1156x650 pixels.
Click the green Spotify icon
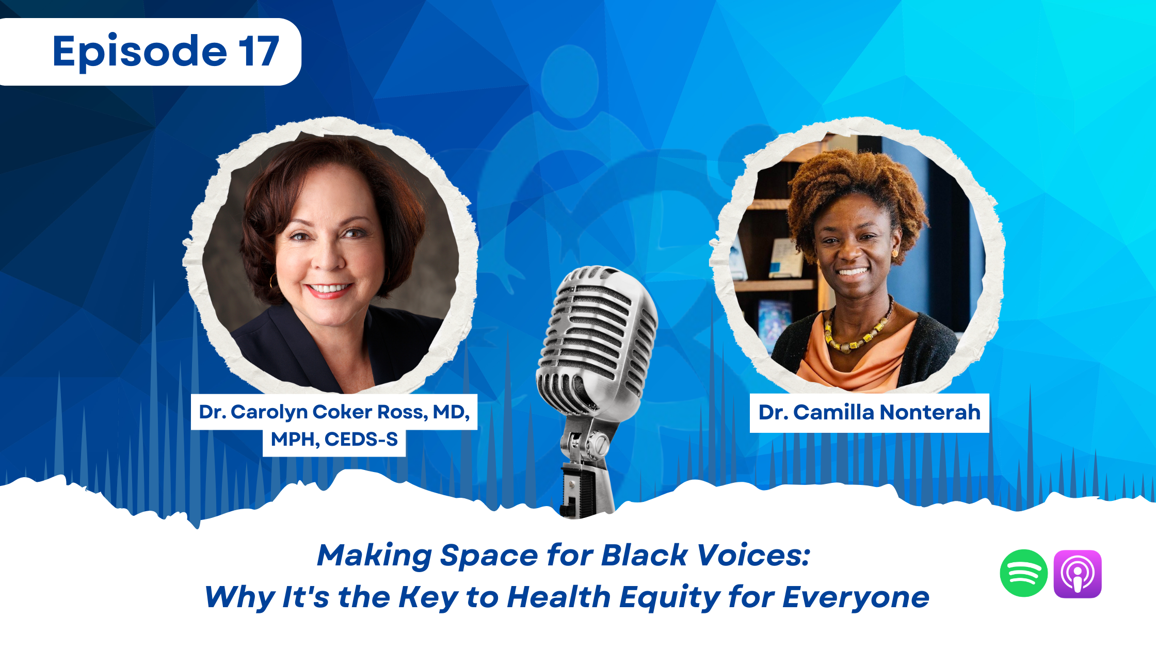1023,573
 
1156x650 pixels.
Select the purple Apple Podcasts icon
1078,574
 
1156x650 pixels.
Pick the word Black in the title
644,556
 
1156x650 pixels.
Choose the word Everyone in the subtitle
856,597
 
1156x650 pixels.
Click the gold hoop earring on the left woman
272,281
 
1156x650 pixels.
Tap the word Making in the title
374,556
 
